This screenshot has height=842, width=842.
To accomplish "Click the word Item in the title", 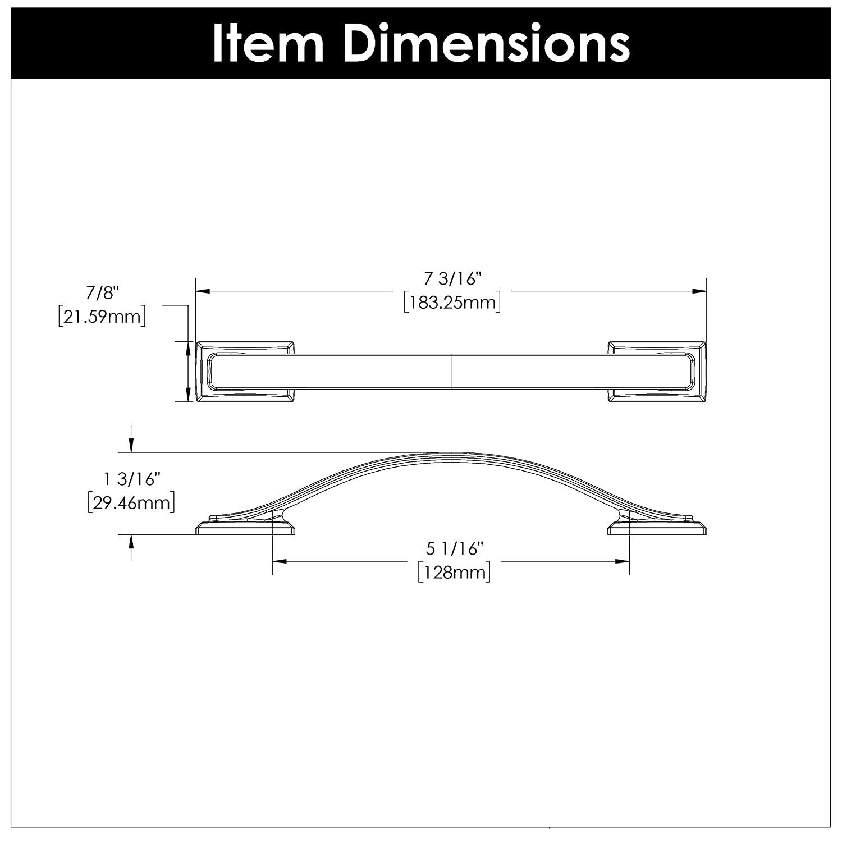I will point(268,44).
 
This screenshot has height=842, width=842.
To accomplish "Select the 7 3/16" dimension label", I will point(453,279).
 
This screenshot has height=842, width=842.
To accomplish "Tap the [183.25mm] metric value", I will point(452,303).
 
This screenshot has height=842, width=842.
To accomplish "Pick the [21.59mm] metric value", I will point(102,317).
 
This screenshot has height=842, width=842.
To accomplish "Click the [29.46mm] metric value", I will point(131,503).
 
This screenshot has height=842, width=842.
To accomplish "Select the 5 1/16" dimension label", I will point(454,548).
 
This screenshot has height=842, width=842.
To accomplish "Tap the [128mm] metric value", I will point(454,573).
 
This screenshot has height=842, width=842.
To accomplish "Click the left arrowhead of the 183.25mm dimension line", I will point(202,291).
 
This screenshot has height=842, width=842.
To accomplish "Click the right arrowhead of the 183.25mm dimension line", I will point(699,291).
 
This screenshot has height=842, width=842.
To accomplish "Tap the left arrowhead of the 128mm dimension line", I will point(280,561).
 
